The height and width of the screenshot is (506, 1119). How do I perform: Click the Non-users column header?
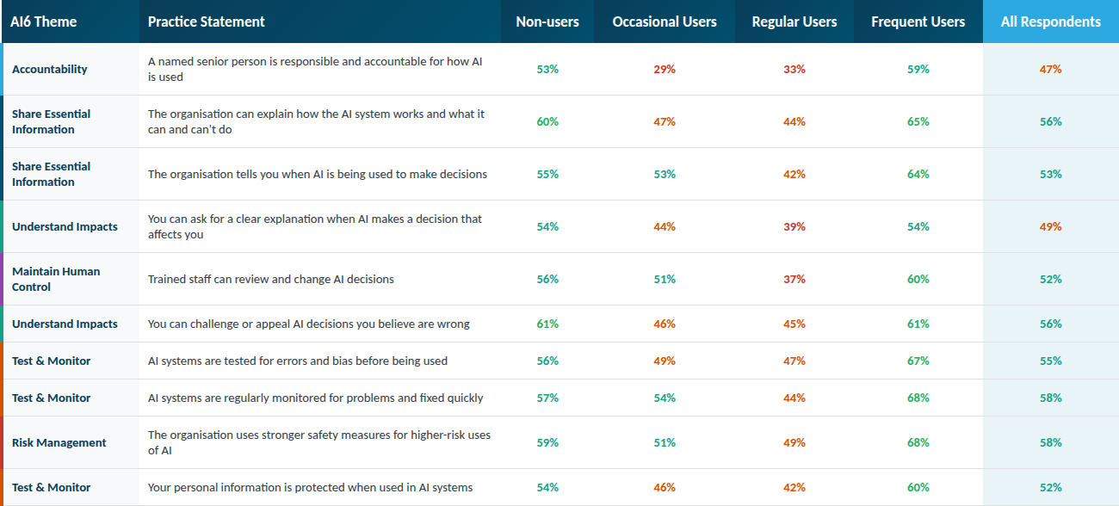pos(547,22)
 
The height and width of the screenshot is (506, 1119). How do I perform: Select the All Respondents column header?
pos(1050,22)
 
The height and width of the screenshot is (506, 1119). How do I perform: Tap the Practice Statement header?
pos(207,22)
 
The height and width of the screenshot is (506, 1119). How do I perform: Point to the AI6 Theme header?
pos(44,22)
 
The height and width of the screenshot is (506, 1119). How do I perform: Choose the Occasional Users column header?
pos(665,22)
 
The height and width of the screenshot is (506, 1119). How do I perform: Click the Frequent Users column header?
pos(918,22)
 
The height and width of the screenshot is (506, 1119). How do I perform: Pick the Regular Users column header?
pos(794,22)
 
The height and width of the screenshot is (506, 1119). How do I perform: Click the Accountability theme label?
pos(50,69)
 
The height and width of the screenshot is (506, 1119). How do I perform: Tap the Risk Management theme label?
pos(59,442)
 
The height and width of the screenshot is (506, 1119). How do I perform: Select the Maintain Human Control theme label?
pos(56,279)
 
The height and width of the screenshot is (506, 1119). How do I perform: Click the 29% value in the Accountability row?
pos(665,69)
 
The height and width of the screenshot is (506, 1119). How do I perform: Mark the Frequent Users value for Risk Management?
pos(918,442)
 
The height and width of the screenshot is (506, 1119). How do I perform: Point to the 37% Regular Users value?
pos(794,279)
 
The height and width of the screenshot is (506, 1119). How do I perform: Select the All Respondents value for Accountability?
pos(1050,69)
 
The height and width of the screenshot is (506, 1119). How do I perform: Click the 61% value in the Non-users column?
pos(547,324)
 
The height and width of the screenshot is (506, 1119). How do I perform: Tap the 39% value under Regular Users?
pos(794,226)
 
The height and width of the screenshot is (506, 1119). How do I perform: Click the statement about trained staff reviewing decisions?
pos(271,279)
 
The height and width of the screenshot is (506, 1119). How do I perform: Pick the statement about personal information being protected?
pos(311,487)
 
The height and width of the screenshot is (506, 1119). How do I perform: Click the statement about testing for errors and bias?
pos(298,361)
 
